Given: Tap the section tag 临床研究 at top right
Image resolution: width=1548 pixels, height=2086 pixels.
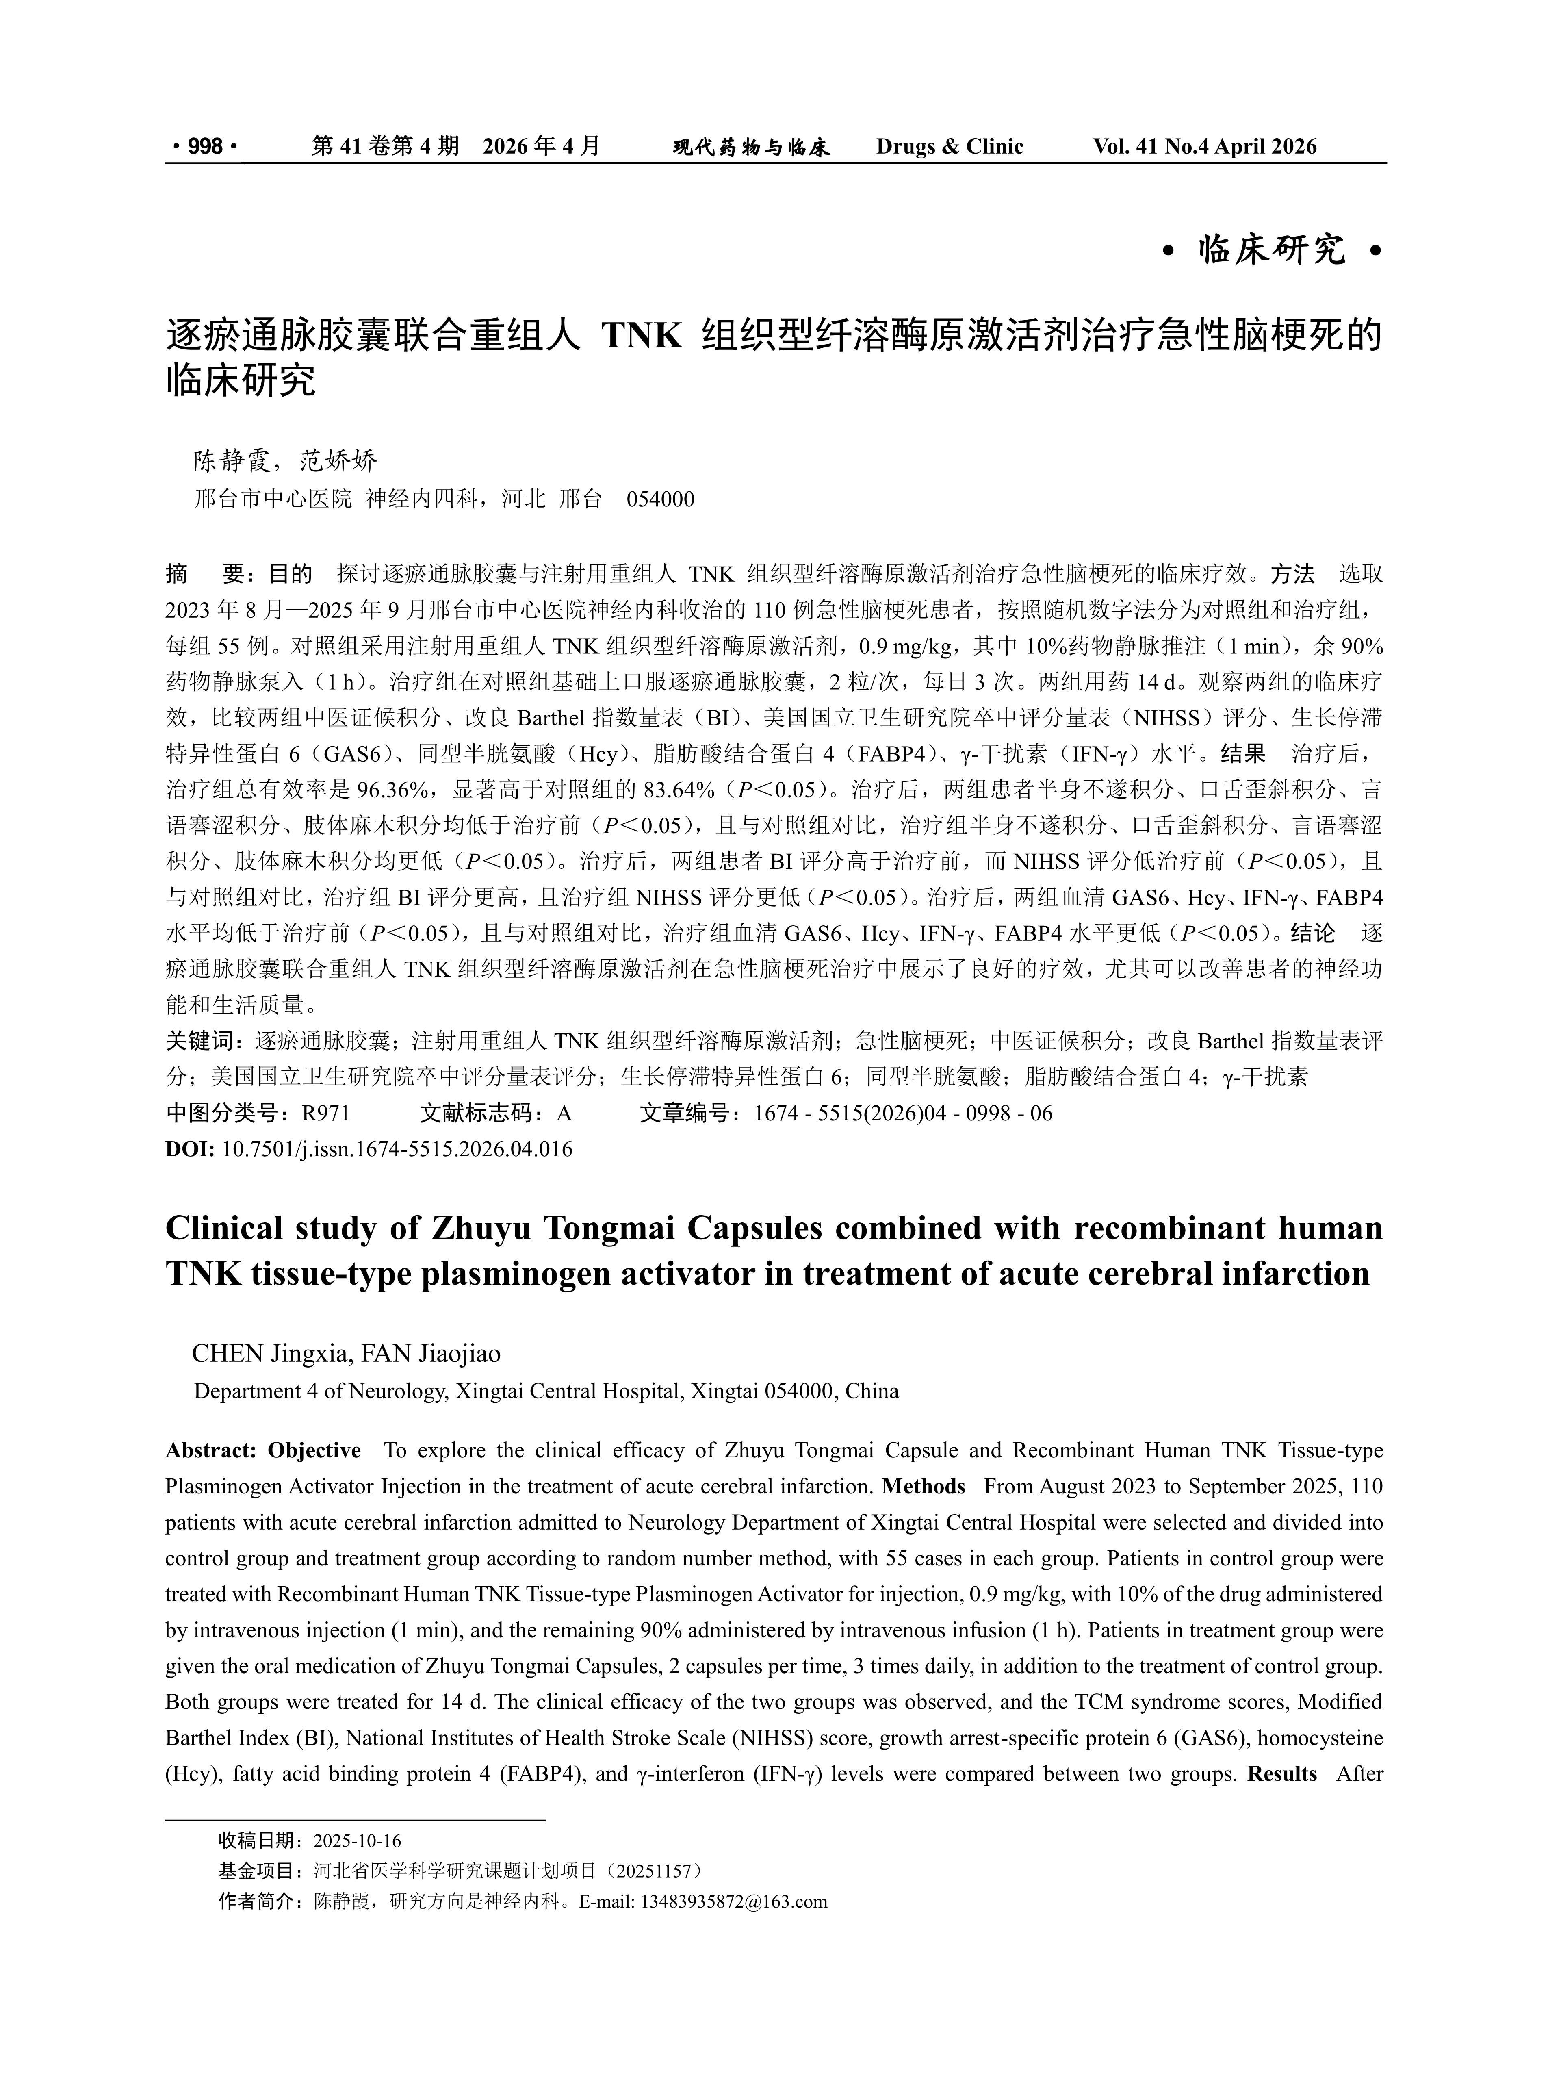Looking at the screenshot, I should [1272, 250].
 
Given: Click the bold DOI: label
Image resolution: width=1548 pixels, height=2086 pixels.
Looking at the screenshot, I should [190, 1149].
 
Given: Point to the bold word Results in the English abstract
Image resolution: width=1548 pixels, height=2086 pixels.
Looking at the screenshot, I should [1282, 1774].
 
